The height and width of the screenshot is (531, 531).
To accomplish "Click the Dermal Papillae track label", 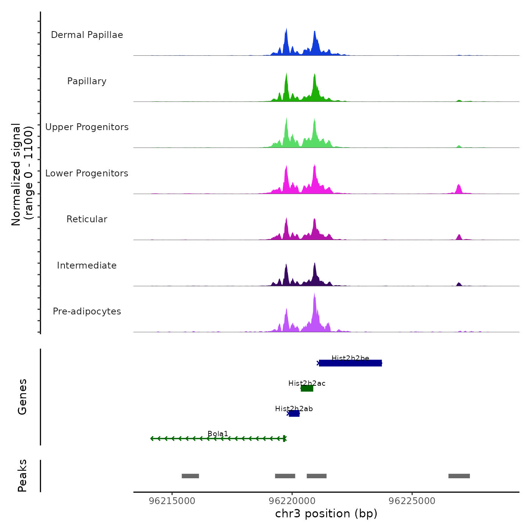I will point(87,35).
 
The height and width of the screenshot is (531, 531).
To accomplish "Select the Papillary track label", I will point(87,81).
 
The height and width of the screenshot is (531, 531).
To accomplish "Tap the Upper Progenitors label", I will point(87,127).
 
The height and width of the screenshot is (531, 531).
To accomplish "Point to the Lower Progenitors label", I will point(87,173).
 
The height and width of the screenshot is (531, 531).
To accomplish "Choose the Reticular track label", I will point(87,219).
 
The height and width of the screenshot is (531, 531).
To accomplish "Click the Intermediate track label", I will point(87,265).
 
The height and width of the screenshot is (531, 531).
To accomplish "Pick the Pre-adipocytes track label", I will point(87,311).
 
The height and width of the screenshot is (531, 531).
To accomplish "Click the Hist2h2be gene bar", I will point(350,363).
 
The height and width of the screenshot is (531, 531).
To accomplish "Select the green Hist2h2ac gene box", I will point(307,388).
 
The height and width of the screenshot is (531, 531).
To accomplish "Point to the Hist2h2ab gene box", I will point(294,413).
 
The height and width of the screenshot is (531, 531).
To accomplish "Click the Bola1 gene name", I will point(218,434).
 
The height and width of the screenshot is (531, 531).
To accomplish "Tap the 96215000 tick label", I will point(172,501).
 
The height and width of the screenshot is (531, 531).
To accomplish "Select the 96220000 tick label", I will point(292,501).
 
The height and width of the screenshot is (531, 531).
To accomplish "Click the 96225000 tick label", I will point(412,501).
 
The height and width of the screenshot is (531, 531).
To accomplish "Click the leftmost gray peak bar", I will point(190,476).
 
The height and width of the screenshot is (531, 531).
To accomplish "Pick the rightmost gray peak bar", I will point(459,476).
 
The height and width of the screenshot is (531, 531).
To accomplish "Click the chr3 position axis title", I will point(326,514).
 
